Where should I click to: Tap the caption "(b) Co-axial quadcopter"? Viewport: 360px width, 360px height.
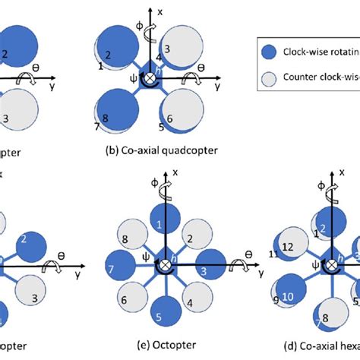coord(161,150)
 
